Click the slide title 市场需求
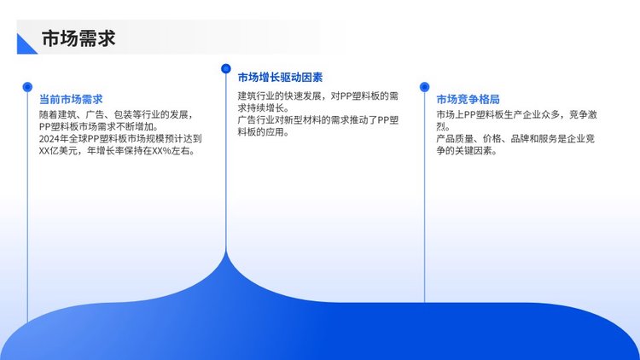(79, 38)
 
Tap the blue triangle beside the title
(25, 46)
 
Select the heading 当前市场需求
(71, 99)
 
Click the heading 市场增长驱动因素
(280, 77)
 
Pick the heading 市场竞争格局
(468, 99)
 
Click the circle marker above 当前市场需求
(27, 87)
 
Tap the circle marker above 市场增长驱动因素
(226, 68)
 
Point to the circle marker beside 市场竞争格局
(424, 87)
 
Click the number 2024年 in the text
(55, 139)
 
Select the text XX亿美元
(58, 151)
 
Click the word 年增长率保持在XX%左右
(141, 151)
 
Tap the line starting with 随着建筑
(116, 114)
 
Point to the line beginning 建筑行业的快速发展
(318, 96)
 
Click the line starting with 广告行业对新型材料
(318, 120)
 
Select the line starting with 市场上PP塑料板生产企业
(517, 114)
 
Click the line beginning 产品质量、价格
(515, 139)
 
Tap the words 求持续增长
(264, 108)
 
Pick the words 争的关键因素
(467, 151)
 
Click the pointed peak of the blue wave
(226, 252)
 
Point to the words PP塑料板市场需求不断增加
(98, 126)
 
